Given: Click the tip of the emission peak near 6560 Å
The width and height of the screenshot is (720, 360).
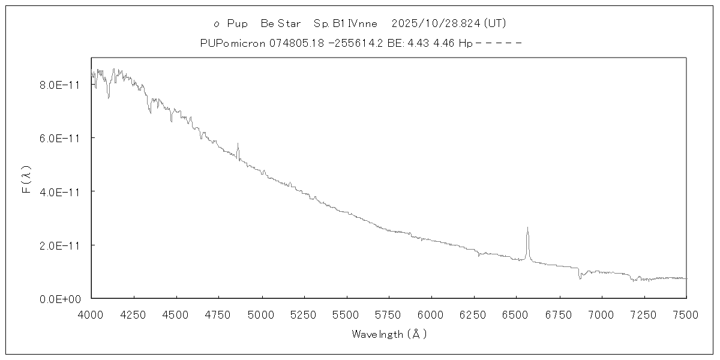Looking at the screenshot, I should tap(527, 228).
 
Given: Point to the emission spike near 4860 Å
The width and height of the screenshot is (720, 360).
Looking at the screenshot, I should tap(238, 144).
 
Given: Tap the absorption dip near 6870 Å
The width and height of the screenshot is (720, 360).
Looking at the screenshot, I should tap(580, 278).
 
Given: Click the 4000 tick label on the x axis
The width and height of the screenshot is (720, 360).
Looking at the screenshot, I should tap(91, 314).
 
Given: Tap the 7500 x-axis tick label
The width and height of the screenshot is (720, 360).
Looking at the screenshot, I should tap(686, 314).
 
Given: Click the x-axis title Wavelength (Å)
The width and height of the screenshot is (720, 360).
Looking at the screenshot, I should tap(389, 334).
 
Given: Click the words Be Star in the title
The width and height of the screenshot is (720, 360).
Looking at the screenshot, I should tap(281, 24).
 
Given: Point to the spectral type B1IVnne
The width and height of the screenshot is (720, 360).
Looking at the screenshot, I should tap(346, 24).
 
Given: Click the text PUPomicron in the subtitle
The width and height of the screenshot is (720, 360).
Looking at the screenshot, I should tap(227, 43).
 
